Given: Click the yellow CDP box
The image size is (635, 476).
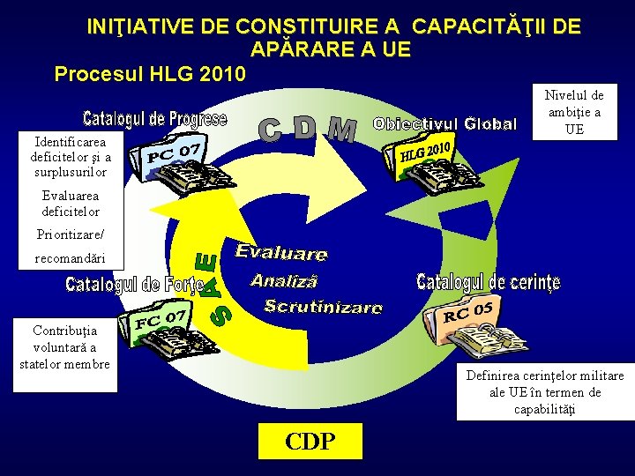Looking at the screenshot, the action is coord(310,441).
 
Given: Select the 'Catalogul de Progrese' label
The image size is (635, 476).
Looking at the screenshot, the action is coord(154,117).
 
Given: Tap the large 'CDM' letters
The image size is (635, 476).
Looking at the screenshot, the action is coord(308,130).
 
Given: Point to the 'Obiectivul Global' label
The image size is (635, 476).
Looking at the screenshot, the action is coord(444,123).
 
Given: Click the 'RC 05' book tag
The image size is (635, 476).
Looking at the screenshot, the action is coord(467,311).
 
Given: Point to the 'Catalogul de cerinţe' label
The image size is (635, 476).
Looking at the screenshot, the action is coord(488,282).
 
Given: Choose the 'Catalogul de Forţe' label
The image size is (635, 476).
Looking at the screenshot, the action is coord(134,285).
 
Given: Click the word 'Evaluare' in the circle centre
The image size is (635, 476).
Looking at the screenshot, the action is coord(281,253).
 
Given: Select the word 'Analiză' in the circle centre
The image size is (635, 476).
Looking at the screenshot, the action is coord(283,281).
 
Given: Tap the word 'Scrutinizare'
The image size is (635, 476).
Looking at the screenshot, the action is coord(324,307).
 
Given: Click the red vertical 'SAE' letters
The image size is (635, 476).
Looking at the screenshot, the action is coord(210,287).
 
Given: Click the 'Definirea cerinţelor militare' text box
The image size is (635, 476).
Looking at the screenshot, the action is coord(544,392).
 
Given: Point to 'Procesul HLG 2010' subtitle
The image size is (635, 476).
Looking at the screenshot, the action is coord(150,73).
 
